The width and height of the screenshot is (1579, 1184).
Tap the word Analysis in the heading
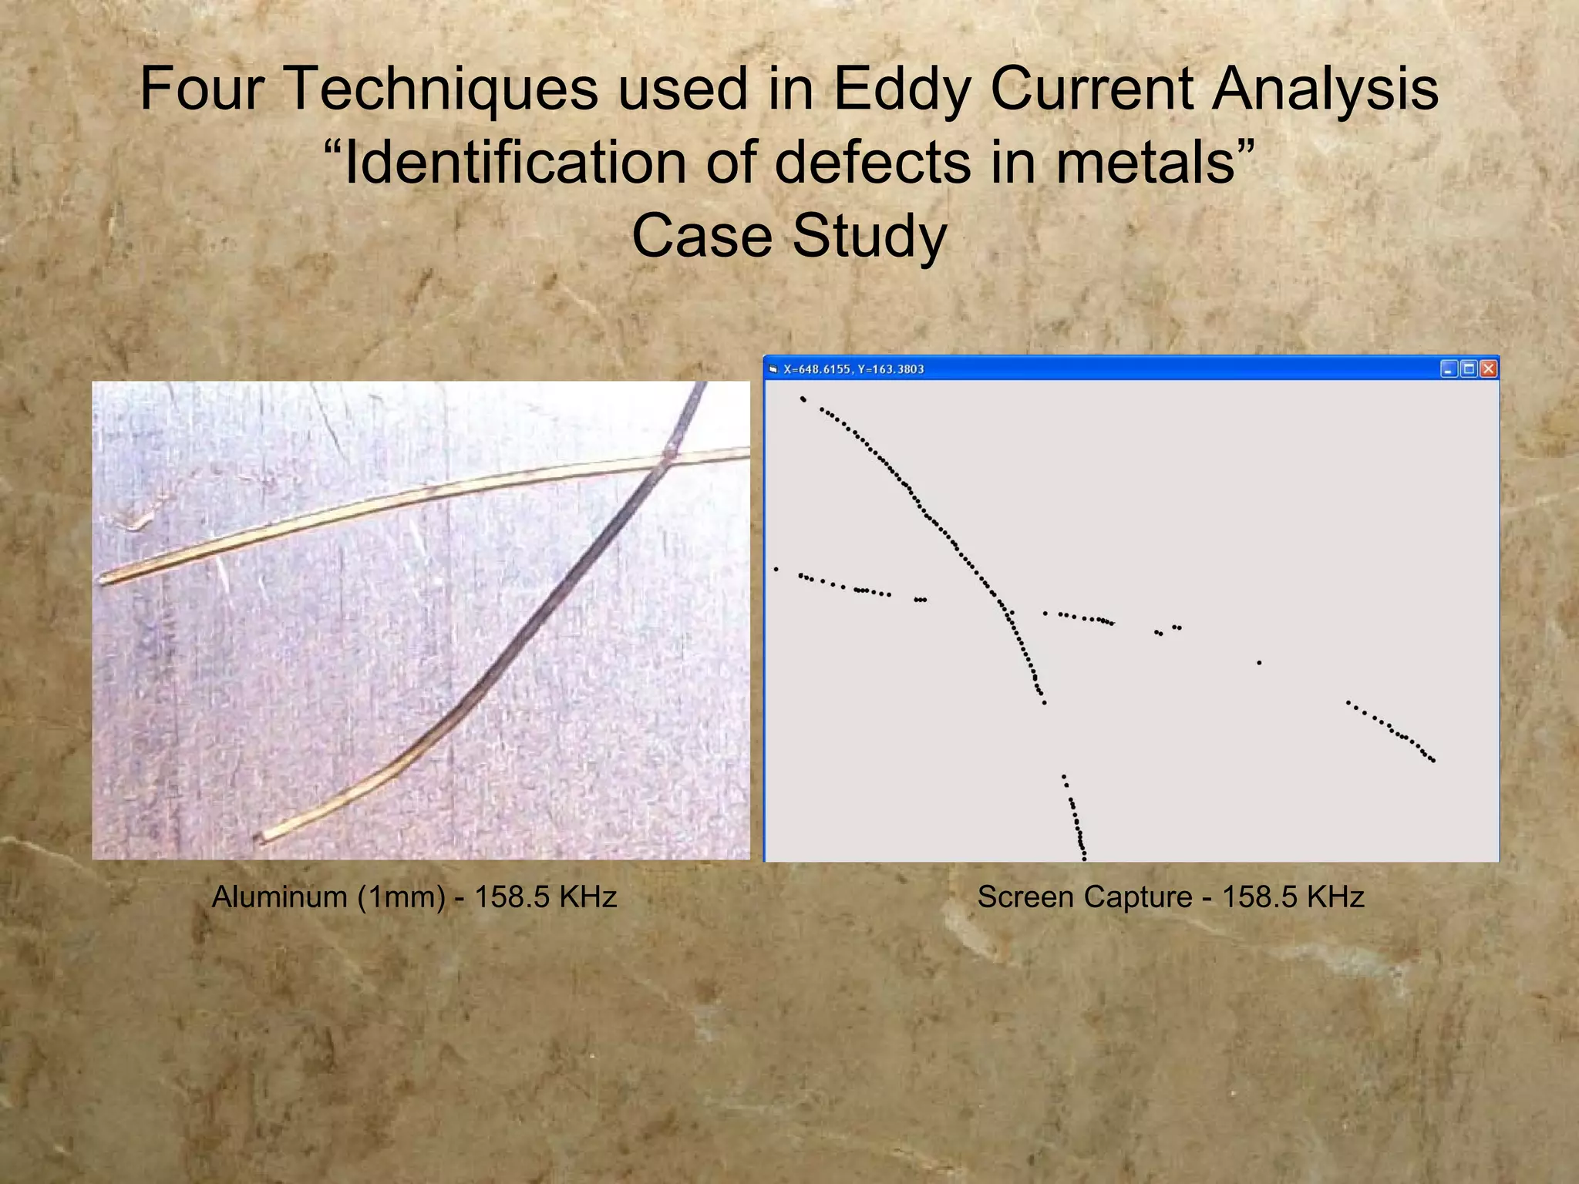[1325, 89]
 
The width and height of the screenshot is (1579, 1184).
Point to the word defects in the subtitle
[873, 163]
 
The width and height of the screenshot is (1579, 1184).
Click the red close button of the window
[1489, 369]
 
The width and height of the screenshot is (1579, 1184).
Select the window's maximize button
[1469, 369]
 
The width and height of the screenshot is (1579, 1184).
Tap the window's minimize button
[1449, 369]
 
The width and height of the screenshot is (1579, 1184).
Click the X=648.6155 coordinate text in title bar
[816, 369]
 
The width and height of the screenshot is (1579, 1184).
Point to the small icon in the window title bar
[773, 369]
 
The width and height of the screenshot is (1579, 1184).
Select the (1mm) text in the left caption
[401, 897]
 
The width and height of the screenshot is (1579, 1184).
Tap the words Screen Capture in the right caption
[1085, 897]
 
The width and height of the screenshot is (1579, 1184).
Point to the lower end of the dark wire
[260, 838]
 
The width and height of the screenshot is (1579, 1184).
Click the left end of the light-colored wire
[103, 580]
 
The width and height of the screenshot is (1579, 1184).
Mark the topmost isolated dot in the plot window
[803, 399]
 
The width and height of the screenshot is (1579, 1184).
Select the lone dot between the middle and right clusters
[1259, 663]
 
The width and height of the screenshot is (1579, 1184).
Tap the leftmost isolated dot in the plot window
[776, 570]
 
